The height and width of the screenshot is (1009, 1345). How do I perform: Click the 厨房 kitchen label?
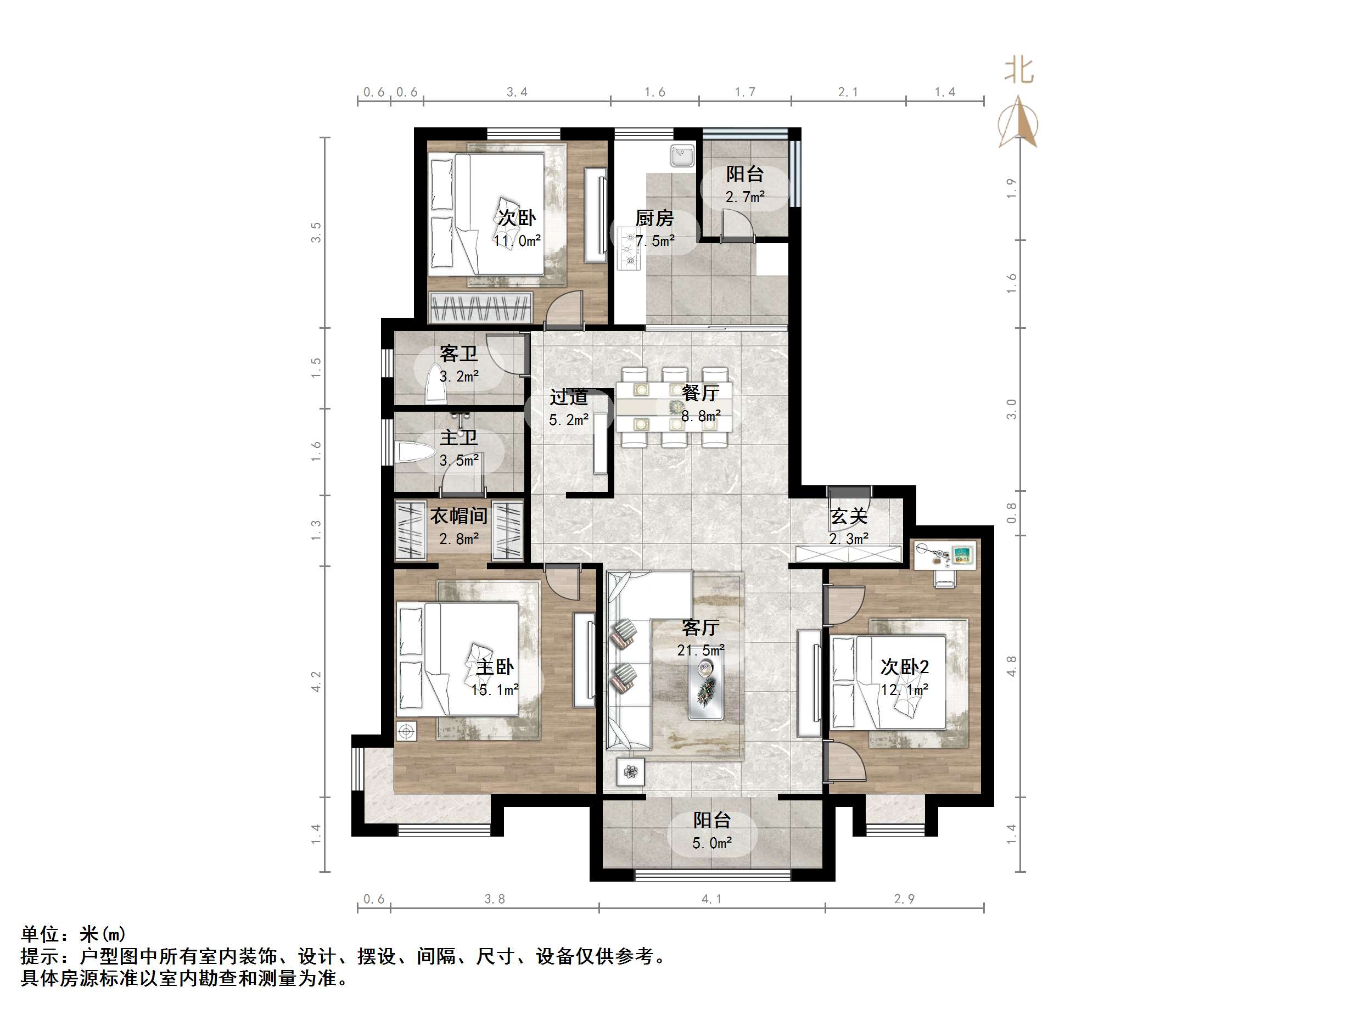[654, 218]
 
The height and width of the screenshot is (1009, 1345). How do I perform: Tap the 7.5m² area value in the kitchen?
[655, 241]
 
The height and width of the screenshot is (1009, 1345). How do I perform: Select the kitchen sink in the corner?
[683, 155]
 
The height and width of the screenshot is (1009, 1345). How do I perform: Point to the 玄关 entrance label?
[848, 517]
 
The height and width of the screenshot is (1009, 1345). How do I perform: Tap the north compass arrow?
[1018, 125]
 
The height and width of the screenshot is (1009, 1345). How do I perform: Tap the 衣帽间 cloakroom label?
[458, 517]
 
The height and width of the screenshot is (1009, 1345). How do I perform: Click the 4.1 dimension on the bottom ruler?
[711, 899]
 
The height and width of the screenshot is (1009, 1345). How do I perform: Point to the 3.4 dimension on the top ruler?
[517, 92]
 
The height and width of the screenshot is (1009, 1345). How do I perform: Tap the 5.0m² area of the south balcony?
[711, 843]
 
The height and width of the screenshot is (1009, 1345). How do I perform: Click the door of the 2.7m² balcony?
[736, 226]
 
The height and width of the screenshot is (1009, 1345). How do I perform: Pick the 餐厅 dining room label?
[700, 393]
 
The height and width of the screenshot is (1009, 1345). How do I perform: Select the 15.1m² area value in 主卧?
[494, 690]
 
